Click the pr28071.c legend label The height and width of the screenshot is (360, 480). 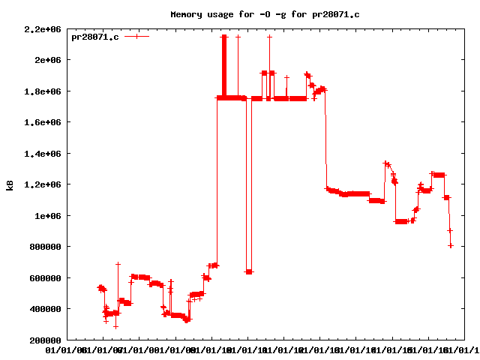94,37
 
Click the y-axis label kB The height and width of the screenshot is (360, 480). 10,184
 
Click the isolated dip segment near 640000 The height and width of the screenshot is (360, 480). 249,271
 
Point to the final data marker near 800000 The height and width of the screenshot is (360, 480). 451,245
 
